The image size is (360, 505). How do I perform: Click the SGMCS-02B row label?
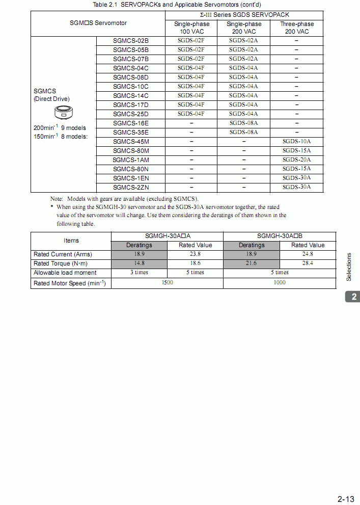(x=131, y=41)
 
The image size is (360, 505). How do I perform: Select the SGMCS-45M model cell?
(x=131, y=142)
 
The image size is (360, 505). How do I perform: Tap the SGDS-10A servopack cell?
(x=296, y=142)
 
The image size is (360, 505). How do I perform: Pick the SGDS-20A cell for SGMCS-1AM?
(x=296, y=160)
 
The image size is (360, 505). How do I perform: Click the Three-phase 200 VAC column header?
(x=296, y=28)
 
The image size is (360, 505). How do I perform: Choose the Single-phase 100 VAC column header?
(x=191, y=28)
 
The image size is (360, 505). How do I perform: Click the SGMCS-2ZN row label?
(x=131, y=188)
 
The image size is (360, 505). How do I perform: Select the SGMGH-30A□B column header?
(x=280, y=236)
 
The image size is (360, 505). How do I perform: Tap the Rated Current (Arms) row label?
(x=63, y=254)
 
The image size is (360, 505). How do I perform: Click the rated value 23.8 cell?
(x=195, y=254)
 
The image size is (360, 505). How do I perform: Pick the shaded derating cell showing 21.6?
(x=252, y=263)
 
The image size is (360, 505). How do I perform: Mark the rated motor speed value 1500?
(x=167, y=283)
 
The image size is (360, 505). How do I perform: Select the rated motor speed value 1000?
(x=280, y=283)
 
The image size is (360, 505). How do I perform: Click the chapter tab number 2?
(x=352, y=297)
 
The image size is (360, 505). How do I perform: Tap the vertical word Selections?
(x=349, y=267)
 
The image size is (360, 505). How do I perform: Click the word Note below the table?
(x=57, y=199)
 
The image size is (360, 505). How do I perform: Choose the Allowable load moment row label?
(x=65, y=273)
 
